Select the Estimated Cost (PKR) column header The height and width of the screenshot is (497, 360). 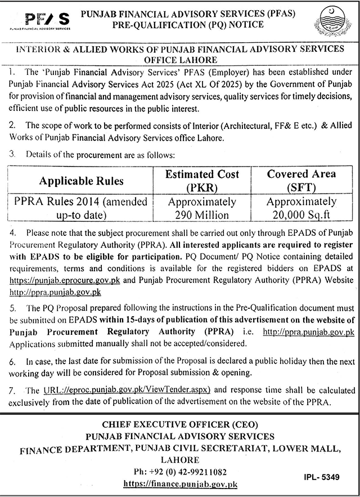202,180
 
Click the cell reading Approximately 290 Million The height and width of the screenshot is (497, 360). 202,208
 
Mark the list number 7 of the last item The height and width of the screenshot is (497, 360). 13,390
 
